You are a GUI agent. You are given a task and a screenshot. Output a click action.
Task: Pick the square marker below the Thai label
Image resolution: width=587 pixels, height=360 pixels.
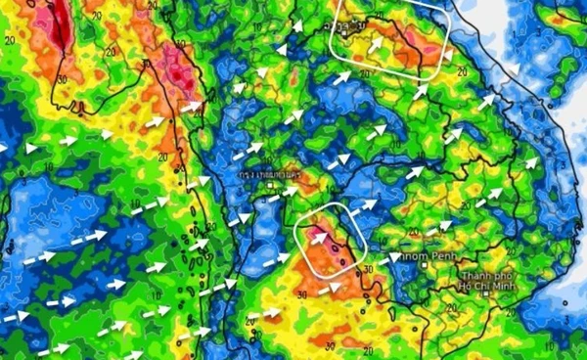[273, 183]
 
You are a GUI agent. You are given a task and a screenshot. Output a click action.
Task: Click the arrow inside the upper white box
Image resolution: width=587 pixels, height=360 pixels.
[374, 45]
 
